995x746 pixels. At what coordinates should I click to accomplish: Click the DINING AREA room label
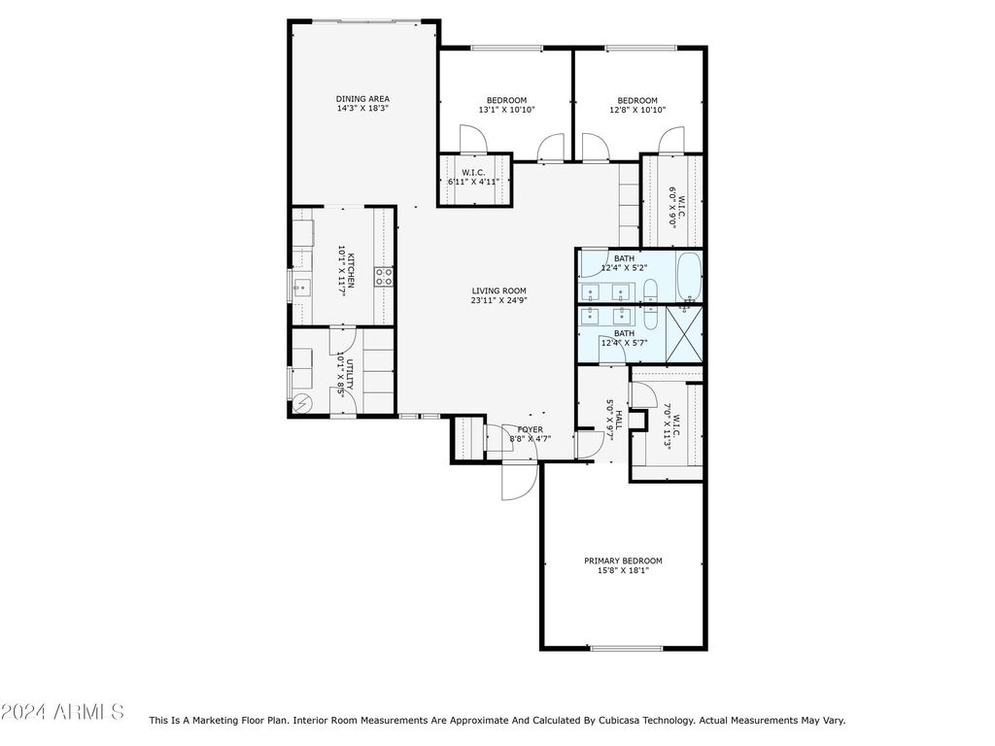(x=362, y=99)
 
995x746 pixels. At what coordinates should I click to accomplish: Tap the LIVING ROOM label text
(x=498, y=291)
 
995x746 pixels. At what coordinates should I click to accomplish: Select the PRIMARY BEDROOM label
(x=623, y=560)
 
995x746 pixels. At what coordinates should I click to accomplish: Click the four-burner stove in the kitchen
(x=383, y=277)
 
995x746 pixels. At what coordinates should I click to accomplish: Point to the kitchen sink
(x=301, y=289)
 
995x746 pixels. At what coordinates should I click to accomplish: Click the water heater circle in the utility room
(x=302, y=403)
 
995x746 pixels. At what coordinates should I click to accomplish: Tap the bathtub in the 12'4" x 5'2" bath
(x=689, y=277)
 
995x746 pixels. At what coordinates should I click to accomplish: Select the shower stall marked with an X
(x=684, y=334)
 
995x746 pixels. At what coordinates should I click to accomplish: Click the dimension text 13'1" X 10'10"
(x=507, y=110)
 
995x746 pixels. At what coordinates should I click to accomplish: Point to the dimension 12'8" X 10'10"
(x=637, y=110)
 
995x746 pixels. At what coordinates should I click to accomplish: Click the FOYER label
(x=531, y=429)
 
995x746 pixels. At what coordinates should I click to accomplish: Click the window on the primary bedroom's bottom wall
(x=627, y=648)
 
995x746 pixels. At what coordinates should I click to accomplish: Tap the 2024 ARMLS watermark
(x=62, y=711)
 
